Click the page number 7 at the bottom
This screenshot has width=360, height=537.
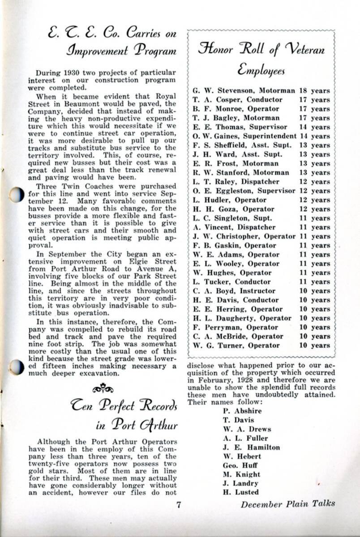click(179, 505)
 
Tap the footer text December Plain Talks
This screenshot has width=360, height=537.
click(287, 503)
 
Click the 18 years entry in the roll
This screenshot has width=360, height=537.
click(314, 91)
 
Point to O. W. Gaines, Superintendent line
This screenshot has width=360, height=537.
click(244, 136)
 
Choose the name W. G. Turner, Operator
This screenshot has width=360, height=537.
click(236, 345)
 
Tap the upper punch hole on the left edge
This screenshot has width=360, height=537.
click(16, 194)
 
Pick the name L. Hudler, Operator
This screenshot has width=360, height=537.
click(229, 200)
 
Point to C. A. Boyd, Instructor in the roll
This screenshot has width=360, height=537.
click(234, 291)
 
